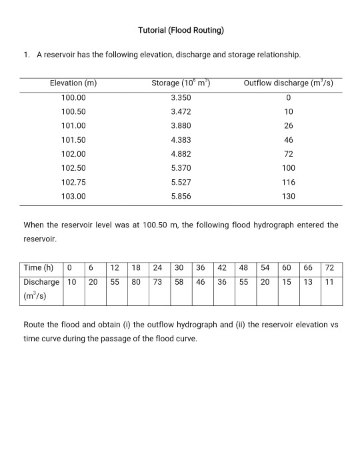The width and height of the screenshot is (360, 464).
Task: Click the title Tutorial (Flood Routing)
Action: [x=181, y=30]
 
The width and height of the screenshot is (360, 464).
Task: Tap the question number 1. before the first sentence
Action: [x=27, y=54]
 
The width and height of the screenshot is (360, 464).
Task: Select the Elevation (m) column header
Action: [x=73, y=83]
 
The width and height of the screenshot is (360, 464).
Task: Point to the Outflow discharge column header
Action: [x=288, y=83]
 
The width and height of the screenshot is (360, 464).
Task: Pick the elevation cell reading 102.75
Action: [x=73, y=182]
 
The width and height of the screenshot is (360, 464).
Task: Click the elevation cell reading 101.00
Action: [x=73, y=125]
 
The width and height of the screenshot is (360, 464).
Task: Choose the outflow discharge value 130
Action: [x=288, y=197]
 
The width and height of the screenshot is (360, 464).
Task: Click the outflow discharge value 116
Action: [x=288, y=182]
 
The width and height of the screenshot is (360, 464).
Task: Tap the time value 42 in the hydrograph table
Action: [x=222, y=268]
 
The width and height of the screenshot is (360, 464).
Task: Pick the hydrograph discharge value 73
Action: [x=158, y=282]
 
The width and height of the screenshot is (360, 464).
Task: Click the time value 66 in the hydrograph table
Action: [x=307, y=268]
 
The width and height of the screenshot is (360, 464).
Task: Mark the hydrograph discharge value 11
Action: [x=329, y=282]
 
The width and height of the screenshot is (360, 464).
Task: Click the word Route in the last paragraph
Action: [x=33, y=325]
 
